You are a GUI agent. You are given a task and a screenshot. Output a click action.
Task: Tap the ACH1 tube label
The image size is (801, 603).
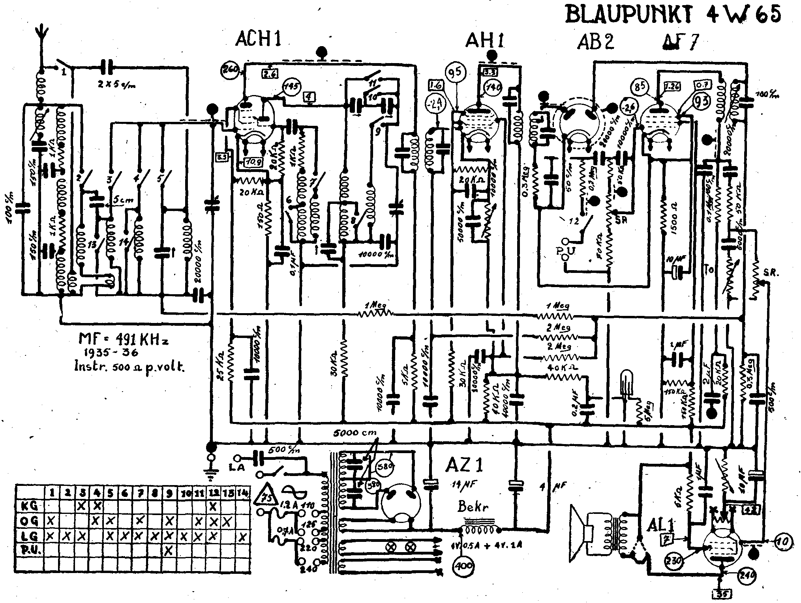pyautogui.click(x=259, y=39)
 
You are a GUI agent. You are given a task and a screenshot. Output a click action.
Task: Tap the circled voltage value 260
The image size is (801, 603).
pyautogui.click(x=229, y=71)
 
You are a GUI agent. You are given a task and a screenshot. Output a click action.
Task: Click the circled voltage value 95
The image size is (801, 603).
pyautogui.click(x=456, y=73)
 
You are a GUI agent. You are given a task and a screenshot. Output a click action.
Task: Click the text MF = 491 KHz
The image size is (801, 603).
pyautogui.click(x=124, y=339)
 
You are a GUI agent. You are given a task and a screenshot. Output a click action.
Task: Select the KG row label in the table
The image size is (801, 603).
pyautogui.click(x=30, y=505)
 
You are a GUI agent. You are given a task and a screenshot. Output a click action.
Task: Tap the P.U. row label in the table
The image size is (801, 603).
pyautogui.click(x=30, y=551)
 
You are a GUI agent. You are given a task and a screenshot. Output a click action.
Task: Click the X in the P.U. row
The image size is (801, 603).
pyautogui.click(x=169, y=551)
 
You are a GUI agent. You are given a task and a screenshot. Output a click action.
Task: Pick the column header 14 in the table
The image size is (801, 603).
pyautogui.click(x=243, y=493)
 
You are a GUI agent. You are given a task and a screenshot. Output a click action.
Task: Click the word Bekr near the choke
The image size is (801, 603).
pyautogui.click(x=472, y=506)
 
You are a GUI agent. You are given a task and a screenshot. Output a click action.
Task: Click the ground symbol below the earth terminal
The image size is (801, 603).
pyautogui.click(x=212, y=475)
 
